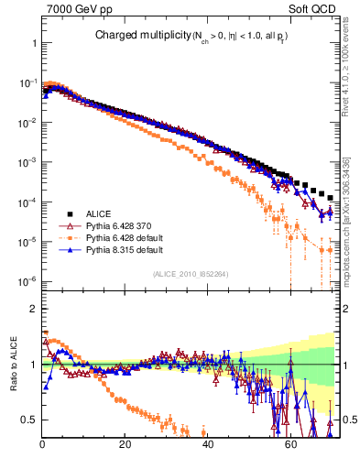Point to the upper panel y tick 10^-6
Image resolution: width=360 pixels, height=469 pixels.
(x=26, y=280)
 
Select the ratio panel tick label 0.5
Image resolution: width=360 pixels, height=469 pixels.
(x=28, y=420)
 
